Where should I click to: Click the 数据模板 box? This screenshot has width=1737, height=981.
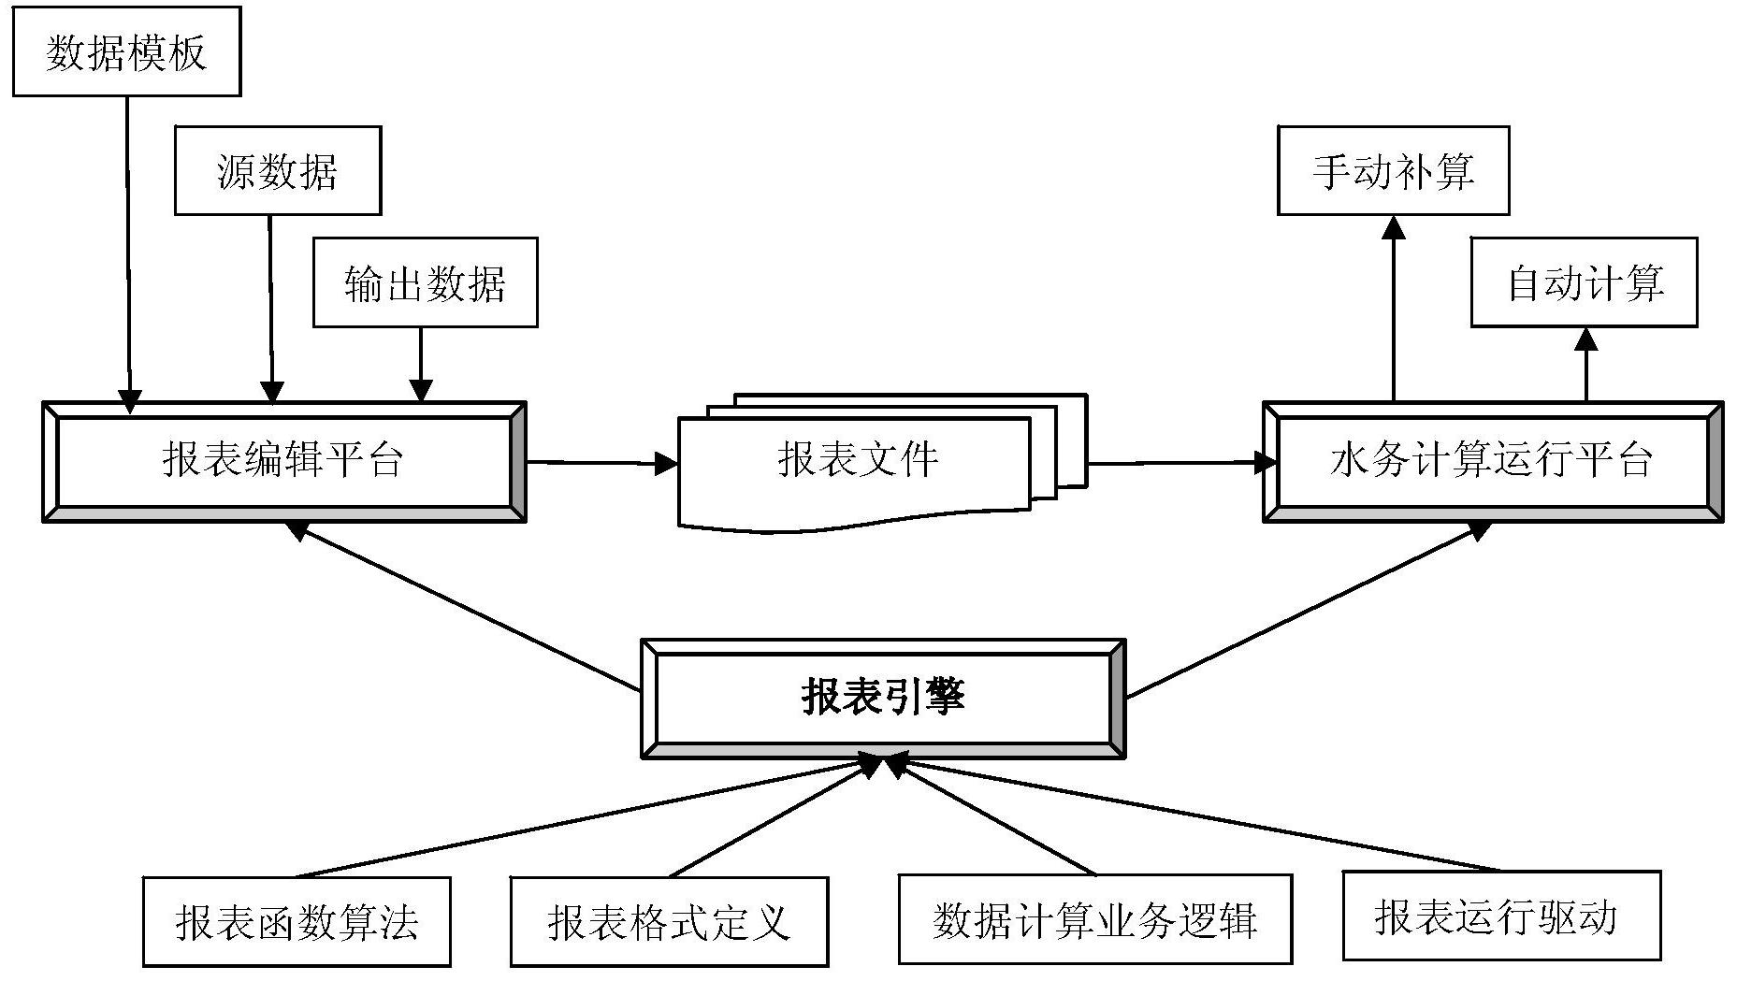[126, 51]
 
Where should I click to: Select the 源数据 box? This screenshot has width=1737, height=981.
[278, 171]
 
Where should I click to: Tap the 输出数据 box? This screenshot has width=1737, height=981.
[425, 282]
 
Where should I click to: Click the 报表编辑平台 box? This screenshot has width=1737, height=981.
[283, 461]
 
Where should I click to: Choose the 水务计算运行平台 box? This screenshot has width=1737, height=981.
[1492, 461]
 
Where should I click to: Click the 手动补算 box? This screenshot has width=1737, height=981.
[1393, 171]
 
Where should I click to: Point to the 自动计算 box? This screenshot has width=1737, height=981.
[1584, 282]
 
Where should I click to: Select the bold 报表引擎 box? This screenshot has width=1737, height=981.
[882, 698]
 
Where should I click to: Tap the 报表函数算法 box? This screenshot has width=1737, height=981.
[297, 921]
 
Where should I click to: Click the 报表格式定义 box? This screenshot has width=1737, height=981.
[669, 921]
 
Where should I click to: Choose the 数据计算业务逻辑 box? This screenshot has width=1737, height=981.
[1094, 919]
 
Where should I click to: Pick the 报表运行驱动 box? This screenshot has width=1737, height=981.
[1500, 916]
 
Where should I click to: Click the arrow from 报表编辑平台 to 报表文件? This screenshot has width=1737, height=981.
[599, 462]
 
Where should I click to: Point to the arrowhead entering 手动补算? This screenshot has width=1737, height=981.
[1394, 227]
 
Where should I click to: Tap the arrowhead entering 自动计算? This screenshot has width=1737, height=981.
[1585, 339]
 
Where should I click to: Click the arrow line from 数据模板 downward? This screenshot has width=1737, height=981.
[128, 243]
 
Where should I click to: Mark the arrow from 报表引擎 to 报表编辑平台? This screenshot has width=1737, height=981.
[468, 608]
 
